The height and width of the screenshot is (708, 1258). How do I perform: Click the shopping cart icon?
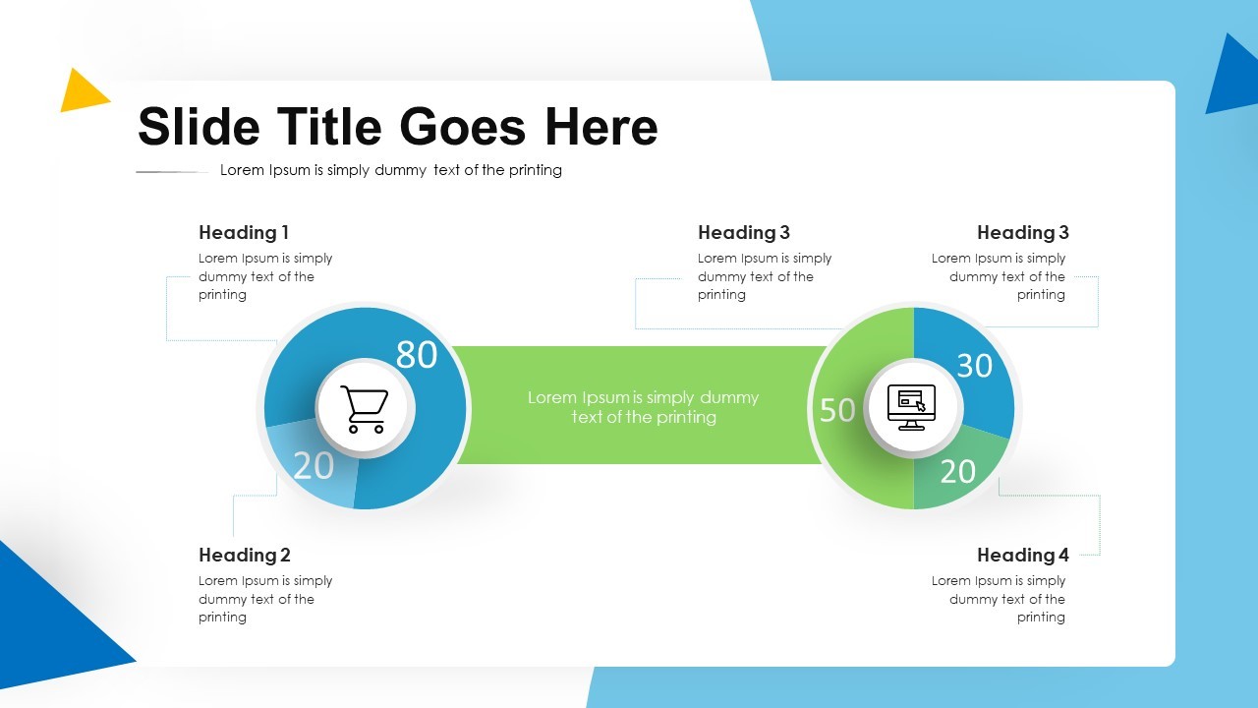[364, 408]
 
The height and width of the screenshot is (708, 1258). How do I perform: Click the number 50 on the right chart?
[837, 410]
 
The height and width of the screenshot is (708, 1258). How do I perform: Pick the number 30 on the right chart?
[974, 366]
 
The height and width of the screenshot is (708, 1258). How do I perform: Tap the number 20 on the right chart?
[957, 472]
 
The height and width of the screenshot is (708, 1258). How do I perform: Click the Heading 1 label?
[244, 233]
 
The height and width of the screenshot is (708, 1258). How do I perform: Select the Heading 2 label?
[245, 556]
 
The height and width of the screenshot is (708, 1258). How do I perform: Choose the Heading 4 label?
[1022, 556]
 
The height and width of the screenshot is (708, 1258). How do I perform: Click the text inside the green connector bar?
[643, 407]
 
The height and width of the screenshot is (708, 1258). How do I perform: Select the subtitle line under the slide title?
[390, 170]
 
